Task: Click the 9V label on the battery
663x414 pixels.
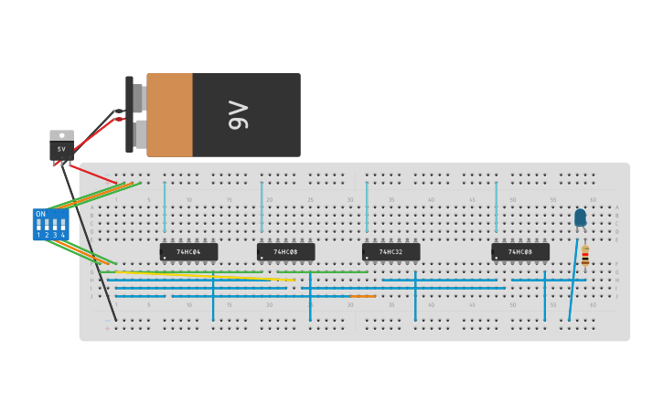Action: [x=239, y=115]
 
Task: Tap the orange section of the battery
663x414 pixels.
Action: [x=169, y=115]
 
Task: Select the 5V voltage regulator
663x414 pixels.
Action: [x=61, y=147]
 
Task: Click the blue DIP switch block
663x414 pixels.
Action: [x=50, y=224]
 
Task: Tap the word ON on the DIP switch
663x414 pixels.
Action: [x=40, y=213]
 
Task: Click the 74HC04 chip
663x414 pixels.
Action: [x=188, y=251]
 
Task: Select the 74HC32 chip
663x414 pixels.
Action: [x=390, y=251]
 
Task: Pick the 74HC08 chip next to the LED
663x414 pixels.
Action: [x=520, y=251]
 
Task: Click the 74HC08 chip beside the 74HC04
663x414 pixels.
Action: [x=285, y=251]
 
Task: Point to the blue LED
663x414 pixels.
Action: [x=580, y=217]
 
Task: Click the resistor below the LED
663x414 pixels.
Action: [x=585, y=258]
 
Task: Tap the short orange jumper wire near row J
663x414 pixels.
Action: [x=363, y=296]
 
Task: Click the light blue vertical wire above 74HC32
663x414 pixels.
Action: [x=367, y=206]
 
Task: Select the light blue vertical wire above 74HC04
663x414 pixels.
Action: [x=165, y=206]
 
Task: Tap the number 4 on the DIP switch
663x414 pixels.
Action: [x=63, y=236]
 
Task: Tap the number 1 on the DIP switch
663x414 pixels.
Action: [x=38, y=236]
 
